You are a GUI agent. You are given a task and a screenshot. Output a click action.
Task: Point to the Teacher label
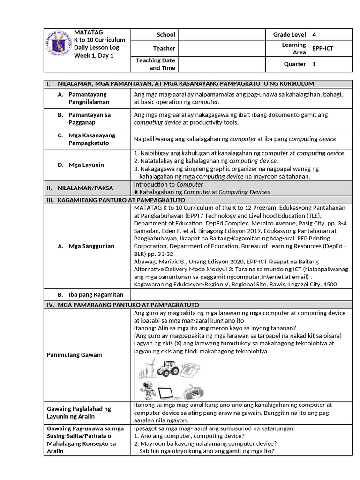pyautogui.click(x=164, y=48)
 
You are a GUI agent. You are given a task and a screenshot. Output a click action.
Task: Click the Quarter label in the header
pyautogui.click(x=295, y=64)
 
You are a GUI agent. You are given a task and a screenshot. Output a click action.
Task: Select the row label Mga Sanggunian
pyautogui.click(x=91, y=246)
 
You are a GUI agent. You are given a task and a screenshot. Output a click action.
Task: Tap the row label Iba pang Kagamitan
pyautogui.click(x=90, y=294)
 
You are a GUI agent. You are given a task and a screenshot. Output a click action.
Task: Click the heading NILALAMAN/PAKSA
pyautogui.click(x=85, y=188)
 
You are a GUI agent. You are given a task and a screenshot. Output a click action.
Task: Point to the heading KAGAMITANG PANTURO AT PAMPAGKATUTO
pyautogui.click(x=128, y=200)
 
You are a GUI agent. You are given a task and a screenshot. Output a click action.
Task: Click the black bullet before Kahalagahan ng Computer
pyautogui.click(x=136, y=192)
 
